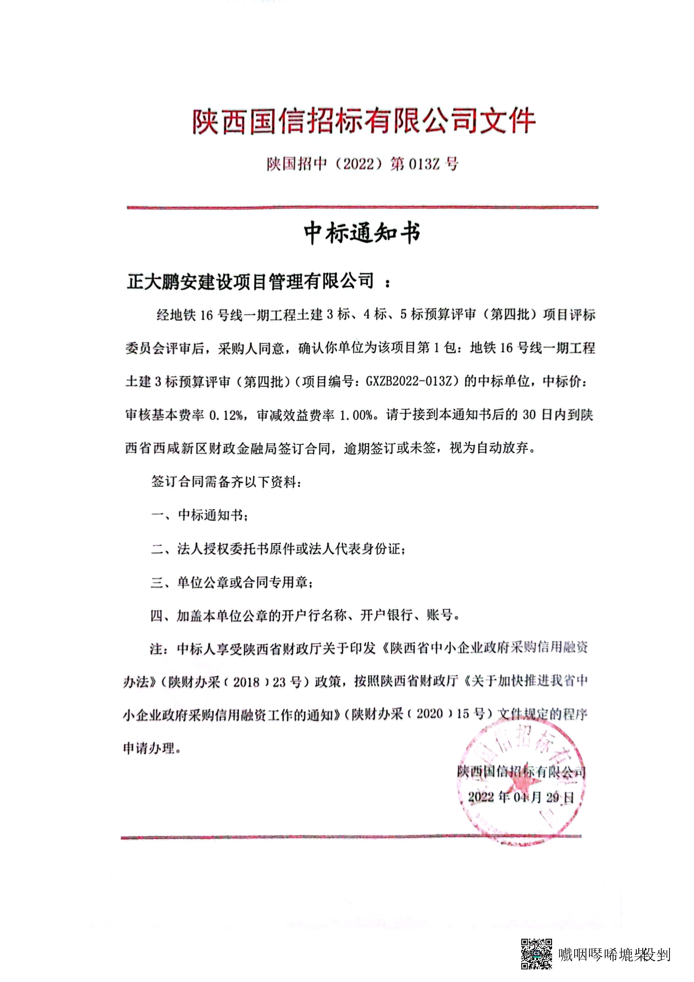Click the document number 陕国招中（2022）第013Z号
[x=363, y=164]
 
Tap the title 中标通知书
[x=362, y=233]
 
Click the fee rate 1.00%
[x=356, y=415]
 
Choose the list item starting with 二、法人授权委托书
[x=278, y=549]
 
